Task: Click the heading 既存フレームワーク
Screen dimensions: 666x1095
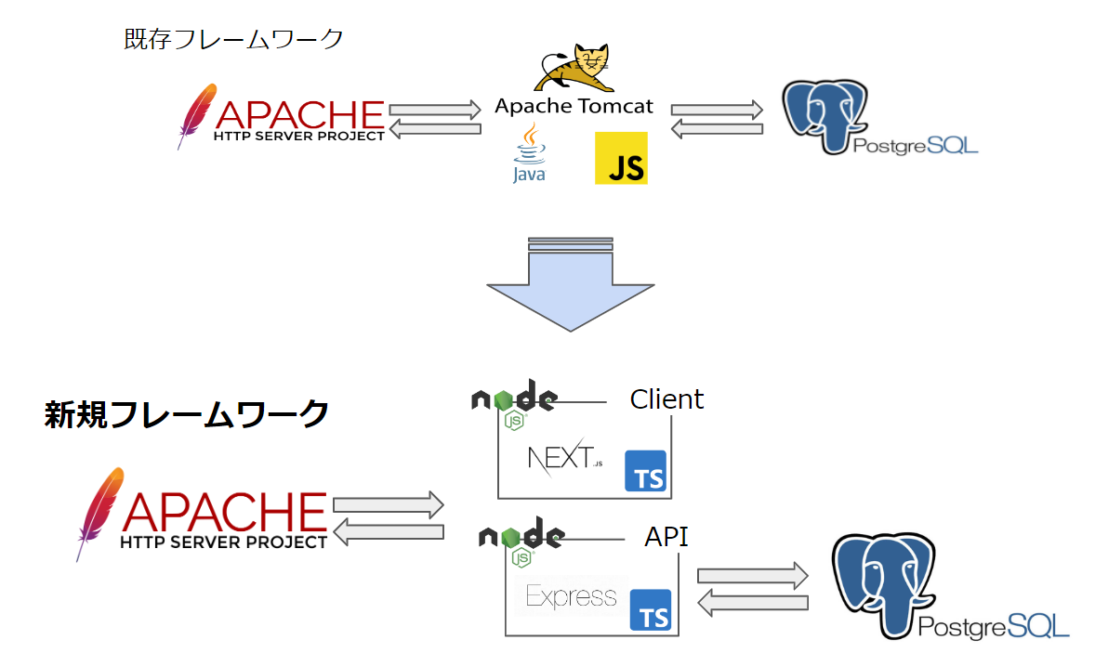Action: pos(233,39)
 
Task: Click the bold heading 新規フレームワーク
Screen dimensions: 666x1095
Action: pos(187,413)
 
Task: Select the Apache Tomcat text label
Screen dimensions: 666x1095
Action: pos(574,106)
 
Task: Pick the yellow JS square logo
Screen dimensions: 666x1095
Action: pos(621,158)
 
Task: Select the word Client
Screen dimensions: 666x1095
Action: pos(666,399)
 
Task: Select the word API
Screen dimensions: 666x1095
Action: pos(666,536)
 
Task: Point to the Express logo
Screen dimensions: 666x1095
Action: pos(571,595)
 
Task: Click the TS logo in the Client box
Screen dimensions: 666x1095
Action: pos(646,471)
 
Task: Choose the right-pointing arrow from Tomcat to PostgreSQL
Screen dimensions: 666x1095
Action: pos(717,109)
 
